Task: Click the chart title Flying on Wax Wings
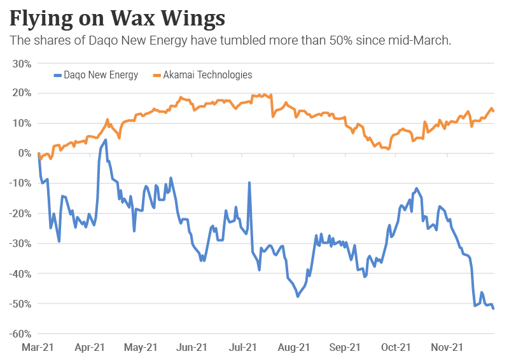pyautogui.click(x=117, y=17)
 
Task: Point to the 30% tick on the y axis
pyautogui.click(x=22, y=63)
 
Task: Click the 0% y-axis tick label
pyautogui.click(x=25, y=153)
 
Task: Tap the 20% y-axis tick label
pyautogui.click(x=22, y=93)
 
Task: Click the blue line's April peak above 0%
pyautogui.click(x=106, y=139)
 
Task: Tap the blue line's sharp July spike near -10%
pyautogui.click(x=249, y=183)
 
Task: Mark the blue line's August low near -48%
pyautogui.click(x=297, y=296)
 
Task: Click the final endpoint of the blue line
pyautogui.click(x=494, y=308)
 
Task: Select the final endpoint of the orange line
pyautogui.click(x=494, y=111)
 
